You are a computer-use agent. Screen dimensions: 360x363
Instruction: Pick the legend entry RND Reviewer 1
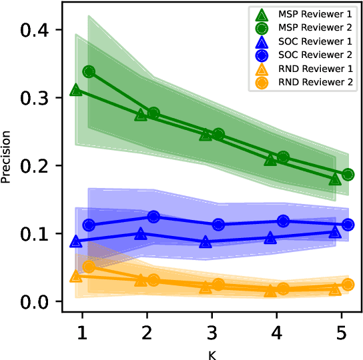[316, 67]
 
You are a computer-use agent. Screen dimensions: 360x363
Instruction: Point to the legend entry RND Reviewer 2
[316, 81]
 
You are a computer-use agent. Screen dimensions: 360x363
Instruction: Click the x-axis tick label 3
[212, 331]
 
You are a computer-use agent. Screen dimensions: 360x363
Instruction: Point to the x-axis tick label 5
[341, 331]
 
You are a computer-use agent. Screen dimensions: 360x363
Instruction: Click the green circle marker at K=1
[89, 71]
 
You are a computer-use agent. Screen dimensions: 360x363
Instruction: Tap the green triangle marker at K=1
[76, 90]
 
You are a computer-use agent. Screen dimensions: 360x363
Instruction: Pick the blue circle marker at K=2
[153, 217]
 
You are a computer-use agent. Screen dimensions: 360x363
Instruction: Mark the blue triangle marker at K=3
[206, 242]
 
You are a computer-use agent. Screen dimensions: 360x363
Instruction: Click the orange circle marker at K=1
[89, 267]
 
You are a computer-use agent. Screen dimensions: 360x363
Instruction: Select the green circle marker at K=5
[348, 175]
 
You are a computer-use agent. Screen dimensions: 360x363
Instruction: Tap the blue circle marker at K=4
[283, 221]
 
